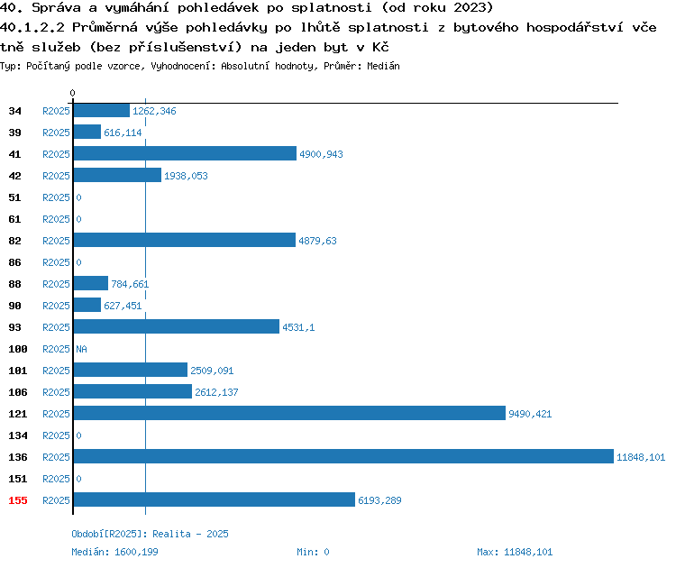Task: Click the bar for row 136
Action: click(x=343, y=456)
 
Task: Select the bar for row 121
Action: click(x=289, y=413)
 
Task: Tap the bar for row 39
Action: click(x=87, y=132)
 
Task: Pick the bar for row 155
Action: click(x=215, y=499)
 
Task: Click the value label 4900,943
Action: click(x=321, y=154)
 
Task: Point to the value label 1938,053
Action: click(x=186, y=176)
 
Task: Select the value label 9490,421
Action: click(x=530, y=414)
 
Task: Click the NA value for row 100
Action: click(x=81, y=349)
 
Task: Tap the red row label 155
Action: click(x=18, y=500)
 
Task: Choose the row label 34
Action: click(x=14, y=111)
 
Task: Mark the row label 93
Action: click(x=14, y=327)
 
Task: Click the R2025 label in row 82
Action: click(x=56, y=241)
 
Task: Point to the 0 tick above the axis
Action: click(x=72, y=93)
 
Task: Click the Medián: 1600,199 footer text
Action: click(x=114, y=552)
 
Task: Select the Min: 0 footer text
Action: click(x=313, y=552)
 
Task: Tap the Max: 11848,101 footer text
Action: click(x=515, y=552)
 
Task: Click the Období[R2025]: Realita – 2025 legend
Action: click(x=150, y=534)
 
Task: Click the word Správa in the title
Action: click(x=56, y=7)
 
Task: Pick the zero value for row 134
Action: click(x=79, y=435)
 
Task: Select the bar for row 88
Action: click(x=90, y=283)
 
